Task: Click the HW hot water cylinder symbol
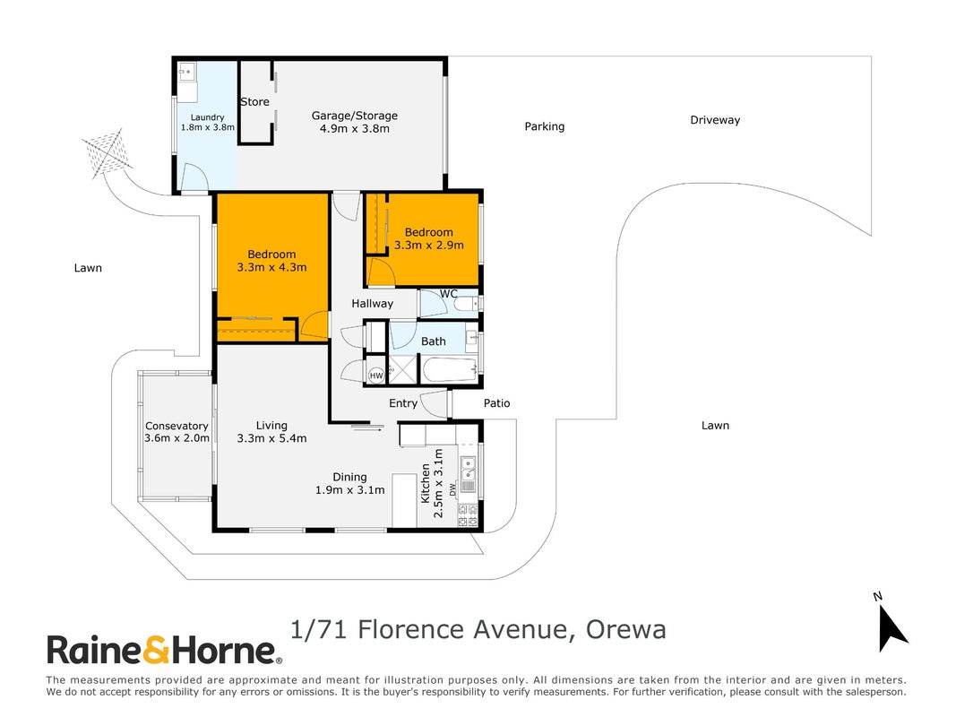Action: [376, 376]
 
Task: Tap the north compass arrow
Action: [892, 628]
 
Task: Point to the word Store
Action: [254, 102]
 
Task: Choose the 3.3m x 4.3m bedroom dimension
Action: [271, 267]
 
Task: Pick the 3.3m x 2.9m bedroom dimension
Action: [428, 245]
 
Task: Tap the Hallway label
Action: [372, 304]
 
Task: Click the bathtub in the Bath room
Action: [450, 370]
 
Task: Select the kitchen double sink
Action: [469, 468]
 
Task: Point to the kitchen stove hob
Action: [468, 515]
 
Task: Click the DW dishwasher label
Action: [452, 489]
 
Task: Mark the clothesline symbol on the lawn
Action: [107, 153]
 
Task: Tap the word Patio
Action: [497, 403]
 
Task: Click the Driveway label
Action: [715, 120]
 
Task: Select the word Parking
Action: [545, 126]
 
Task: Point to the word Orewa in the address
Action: [626, 630]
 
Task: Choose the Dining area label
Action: [350, 478]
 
